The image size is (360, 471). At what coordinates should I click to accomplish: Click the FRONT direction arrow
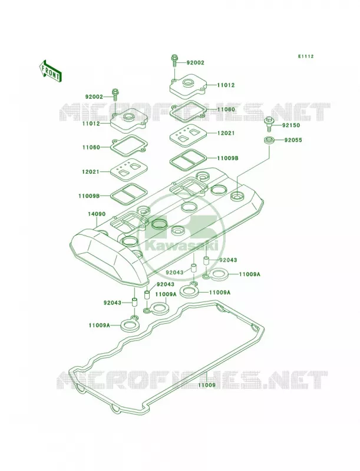coord(50,71)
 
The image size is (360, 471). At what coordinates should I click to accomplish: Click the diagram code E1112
coord(306,56)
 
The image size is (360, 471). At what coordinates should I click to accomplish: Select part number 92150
coord(290,125)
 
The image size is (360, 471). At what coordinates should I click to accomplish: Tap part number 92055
coord(293,140)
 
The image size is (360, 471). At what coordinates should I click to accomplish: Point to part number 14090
coord(97,214)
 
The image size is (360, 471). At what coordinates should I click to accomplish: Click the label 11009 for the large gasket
coord(206,385)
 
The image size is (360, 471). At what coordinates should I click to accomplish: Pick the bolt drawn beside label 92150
coord(269,124)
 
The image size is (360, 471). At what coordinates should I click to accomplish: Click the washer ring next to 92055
coord(269,140)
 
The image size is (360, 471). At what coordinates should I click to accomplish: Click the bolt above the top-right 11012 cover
coord(174,61)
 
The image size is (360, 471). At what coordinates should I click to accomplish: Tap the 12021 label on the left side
coord(91,171)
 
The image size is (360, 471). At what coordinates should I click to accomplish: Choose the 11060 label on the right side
coord(226,110)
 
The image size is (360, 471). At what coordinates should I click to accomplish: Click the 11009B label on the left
coord(89,196)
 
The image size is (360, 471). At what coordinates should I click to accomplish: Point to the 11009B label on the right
coord(227,158)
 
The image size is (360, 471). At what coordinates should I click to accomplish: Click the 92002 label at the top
coord(196,63)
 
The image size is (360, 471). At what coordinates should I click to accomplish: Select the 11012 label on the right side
coord(226,85)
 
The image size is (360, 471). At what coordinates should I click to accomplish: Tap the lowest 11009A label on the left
coord(100,325)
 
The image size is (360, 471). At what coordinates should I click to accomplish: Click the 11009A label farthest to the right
coord(250,274)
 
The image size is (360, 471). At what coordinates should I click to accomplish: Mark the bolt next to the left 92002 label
coord(114,95)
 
